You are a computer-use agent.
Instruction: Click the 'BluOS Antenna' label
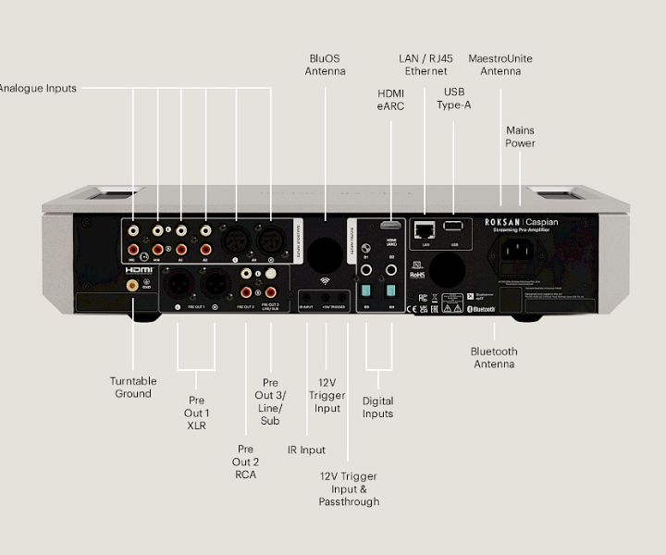click(326, 65)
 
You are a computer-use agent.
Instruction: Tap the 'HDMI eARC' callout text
click(391, 100)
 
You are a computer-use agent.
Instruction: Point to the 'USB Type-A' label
click(454, 98)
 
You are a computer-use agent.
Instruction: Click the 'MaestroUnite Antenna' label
click(500, 65)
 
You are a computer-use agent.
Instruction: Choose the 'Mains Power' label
click(520, 137)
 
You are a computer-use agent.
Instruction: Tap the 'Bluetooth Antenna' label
click(494, 358)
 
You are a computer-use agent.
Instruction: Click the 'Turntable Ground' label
click(133, 387)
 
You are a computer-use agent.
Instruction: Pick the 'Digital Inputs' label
click(377, 407)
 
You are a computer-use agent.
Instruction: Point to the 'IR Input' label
click(306, 450)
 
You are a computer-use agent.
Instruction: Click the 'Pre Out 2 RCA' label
click(245, 462)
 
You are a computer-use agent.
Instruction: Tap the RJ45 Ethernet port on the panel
click(425, 228)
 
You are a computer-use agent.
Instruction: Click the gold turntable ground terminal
click(132, 287)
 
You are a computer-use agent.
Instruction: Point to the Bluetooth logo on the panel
click(484, 308)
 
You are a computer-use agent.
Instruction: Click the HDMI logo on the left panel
click(139, 271)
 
